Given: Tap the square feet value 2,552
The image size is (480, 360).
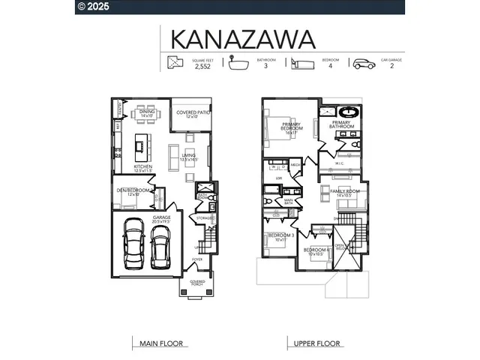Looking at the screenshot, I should [202, 66].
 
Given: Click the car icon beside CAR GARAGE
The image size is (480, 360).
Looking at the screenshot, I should [364, 64].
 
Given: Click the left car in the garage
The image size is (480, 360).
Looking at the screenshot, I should [135, 244].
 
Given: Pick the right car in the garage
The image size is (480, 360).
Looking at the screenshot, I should [160, 248].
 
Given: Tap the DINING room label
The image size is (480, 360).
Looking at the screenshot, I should [147, 114].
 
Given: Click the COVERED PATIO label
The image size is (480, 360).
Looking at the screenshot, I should [190, 114].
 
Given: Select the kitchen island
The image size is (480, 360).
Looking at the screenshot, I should [139, 143].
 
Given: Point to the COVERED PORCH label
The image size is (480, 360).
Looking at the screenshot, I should [197, 283].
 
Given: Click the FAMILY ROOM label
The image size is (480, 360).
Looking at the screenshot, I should [345, 193].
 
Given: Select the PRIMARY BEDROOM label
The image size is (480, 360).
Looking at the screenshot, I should [292, 127].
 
